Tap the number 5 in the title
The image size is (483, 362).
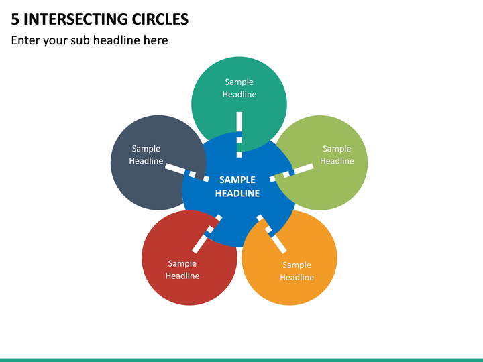coord(15,19)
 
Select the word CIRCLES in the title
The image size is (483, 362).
coord(160,19)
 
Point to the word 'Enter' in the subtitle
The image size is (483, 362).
coord(25,40)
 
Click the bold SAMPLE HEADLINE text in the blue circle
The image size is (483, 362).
coord(237,186)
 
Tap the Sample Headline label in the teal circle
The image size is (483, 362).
coord(239,88)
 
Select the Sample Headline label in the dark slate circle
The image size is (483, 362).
coord(146,155)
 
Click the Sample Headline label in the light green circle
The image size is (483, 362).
coord(337,155)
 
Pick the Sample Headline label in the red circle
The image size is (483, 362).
coord(182,269)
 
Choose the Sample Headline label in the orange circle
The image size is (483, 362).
coord(297,271)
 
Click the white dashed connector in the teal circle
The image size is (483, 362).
coord(239,135)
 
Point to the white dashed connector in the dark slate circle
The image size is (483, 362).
coord(187,172)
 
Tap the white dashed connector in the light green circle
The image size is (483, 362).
coord(291,172)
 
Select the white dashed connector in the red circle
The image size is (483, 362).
coord(207,234)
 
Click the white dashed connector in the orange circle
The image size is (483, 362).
coord(272,234)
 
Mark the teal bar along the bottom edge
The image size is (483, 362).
coord(241,360)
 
